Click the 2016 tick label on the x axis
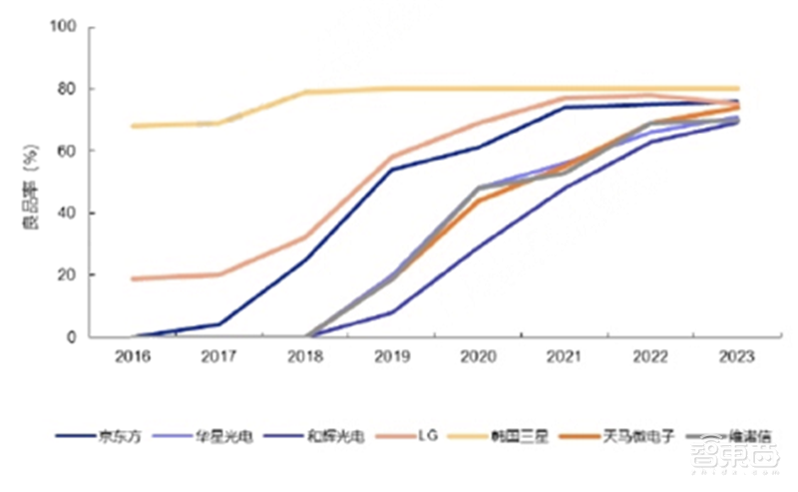click(133, 356)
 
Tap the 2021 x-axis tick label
click(565, 356)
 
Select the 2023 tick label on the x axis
click(737, 356)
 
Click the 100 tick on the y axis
click(63, 27)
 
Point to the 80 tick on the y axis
click(67, 89)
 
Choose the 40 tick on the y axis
click(67, 213)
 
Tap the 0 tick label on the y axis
click(71, 337)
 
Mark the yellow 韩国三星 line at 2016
click(133, 126)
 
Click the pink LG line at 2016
click(133, 278)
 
